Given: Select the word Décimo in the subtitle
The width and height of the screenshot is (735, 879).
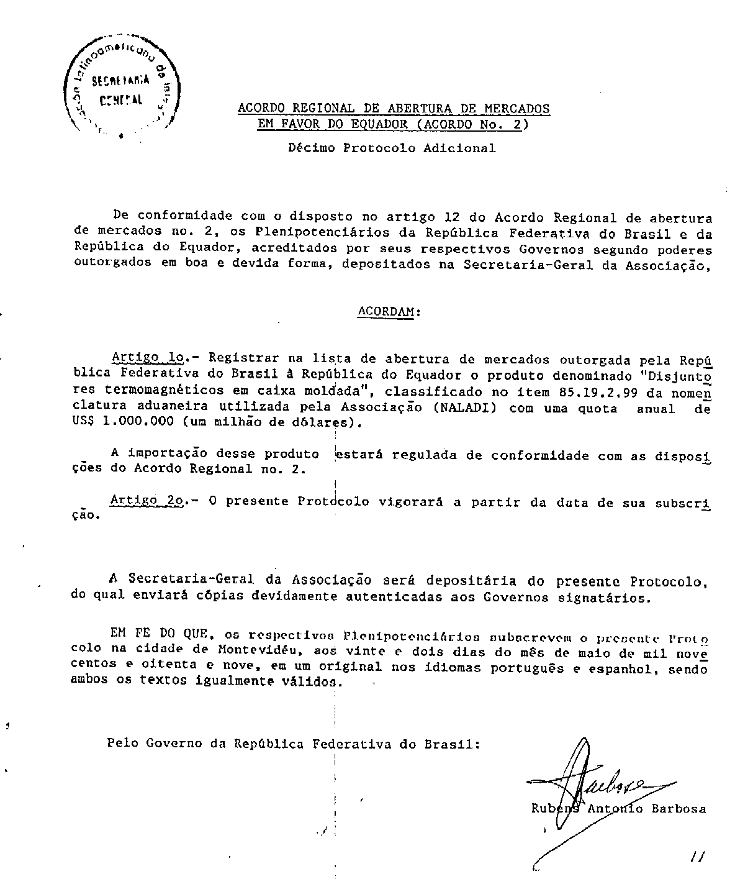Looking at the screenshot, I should coord(312,148).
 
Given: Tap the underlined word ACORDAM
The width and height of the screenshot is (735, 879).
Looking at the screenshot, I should coord(386,312).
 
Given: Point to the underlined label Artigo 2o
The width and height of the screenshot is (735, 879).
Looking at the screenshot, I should coord(145,501).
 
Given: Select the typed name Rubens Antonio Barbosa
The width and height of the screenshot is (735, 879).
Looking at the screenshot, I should coord(618,809).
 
